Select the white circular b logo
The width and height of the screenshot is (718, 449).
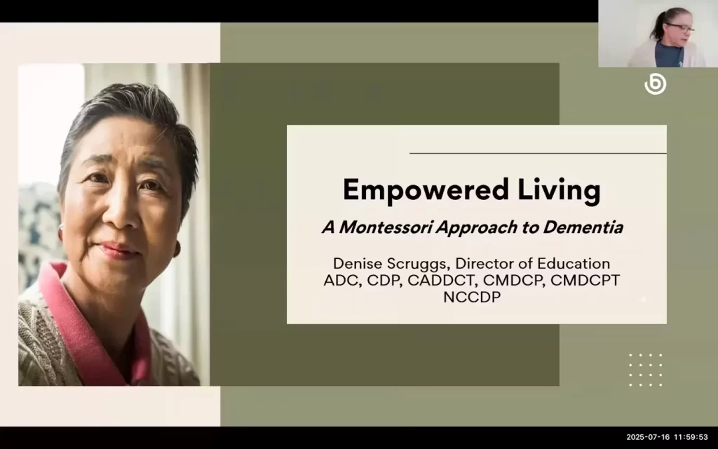[655, 85]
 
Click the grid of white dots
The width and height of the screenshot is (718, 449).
[645, 370]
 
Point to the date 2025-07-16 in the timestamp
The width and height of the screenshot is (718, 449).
[647, 437]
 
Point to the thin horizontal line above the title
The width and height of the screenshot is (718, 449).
[537, 153]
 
